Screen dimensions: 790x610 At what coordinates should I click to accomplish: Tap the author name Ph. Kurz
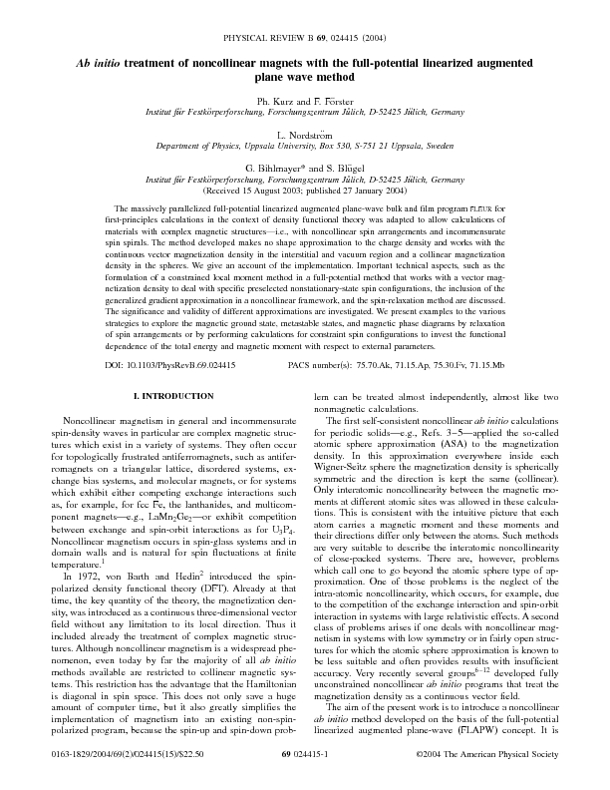click(x=277, y=100)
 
